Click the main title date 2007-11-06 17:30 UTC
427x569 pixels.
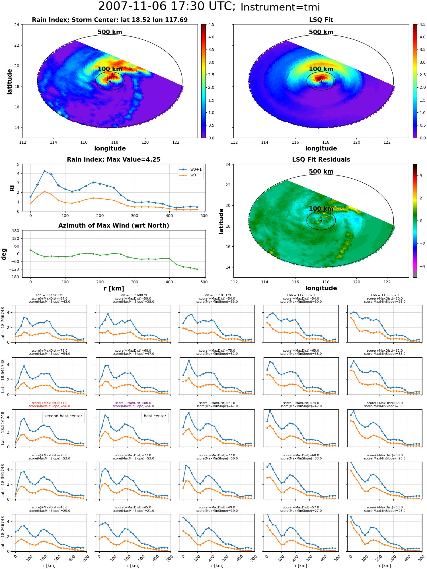[167, 7]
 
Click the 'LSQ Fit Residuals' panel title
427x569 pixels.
[321, 160]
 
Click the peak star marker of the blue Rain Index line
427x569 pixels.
[44, 171]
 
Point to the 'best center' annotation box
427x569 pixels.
[155, 416]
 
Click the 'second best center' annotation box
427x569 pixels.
[63, 416]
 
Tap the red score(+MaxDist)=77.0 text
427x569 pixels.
[50, 403]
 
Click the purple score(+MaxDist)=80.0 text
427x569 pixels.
[133, 403]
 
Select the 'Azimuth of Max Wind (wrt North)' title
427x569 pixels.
[114, 226]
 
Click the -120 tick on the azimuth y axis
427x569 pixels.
[15, 269]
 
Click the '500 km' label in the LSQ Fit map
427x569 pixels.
[321, 32]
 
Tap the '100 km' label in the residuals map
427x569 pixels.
[321, 209]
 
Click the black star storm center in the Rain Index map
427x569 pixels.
[110, 81]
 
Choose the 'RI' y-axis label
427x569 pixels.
[12, 188]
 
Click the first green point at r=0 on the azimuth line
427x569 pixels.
[30, 250]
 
